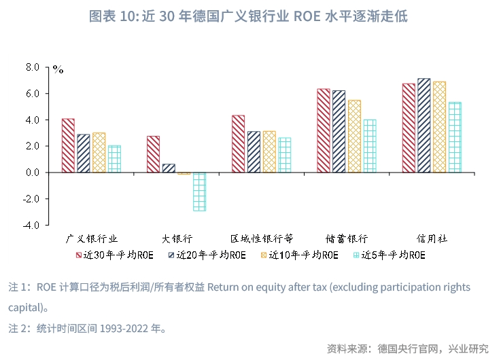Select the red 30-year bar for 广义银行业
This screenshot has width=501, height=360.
[x=68, y=145]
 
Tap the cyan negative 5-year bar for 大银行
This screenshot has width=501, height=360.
[x=199, y=192]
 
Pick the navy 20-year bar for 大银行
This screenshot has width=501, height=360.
[x=169, y=168]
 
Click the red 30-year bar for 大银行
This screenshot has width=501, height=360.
[x=153, y=154]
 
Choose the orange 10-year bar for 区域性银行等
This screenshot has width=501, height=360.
[x=269, y=151]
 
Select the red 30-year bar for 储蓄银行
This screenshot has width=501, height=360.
[x=324, y=130]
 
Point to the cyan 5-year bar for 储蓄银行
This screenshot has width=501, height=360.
[x=369, y=146]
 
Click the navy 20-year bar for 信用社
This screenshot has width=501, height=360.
[x=424, y=126]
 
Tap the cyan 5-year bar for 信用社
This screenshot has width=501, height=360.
[x=454, y=137]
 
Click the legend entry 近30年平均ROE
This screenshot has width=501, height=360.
[x=114, y=256]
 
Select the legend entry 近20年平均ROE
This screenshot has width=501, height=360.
[x=207, y=256]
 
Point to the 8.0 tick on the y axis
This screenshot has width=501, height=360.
[x=33, y=67]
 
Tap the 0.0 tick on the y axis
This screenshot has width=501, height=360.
[x=33, y=173]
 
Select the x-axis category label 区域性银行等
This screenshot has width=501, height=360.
[x=262, y=238]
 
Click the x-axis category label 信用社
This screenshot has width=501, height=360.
[x=432, y=238]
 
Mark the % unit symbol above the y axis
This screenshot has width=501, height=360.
[x=58, y=69]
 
